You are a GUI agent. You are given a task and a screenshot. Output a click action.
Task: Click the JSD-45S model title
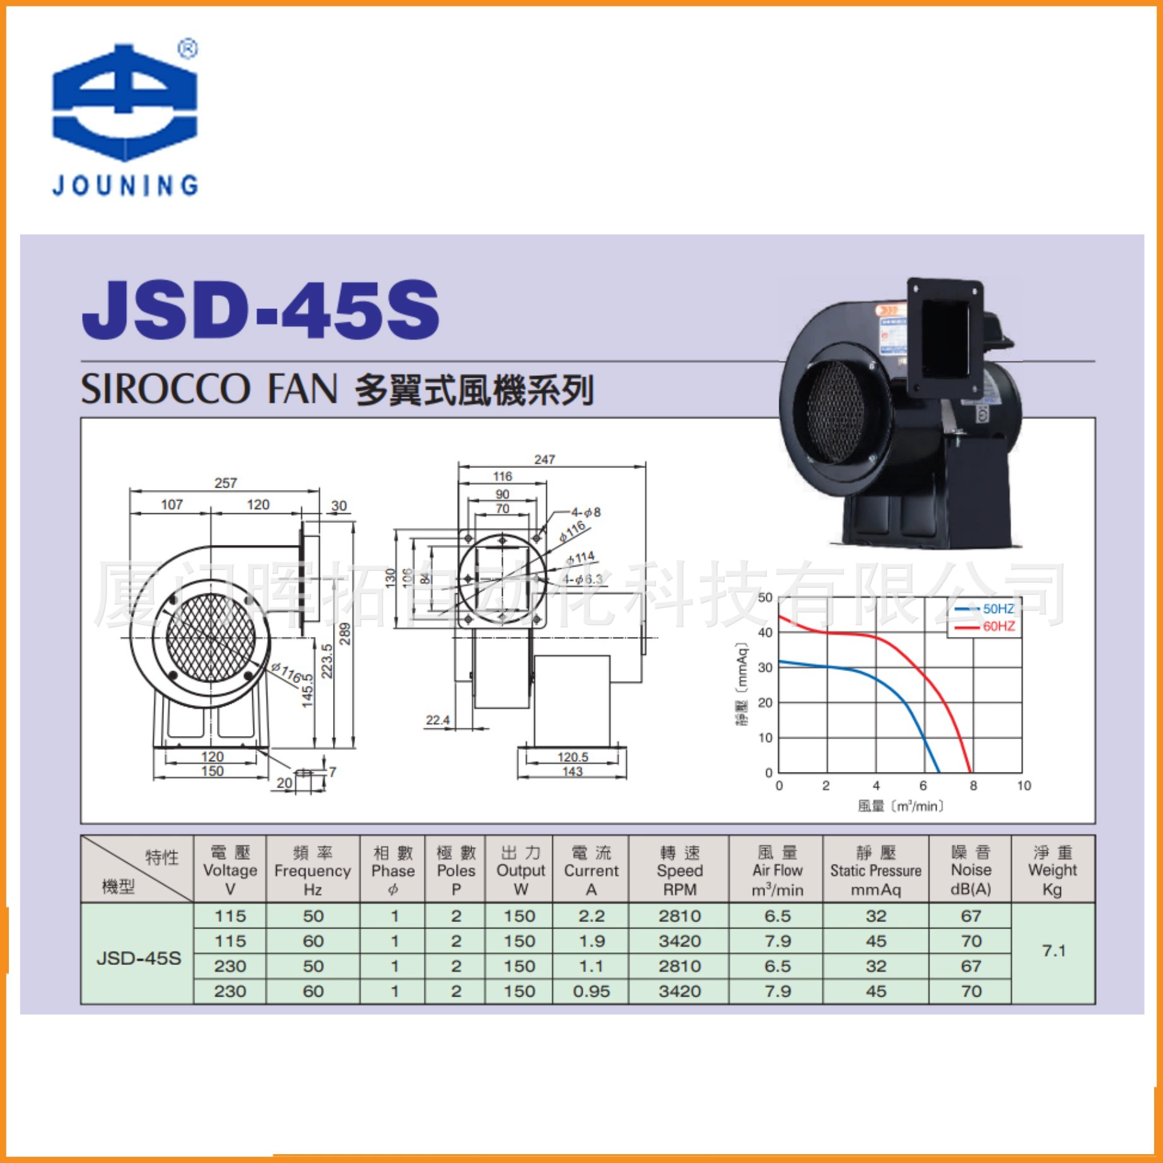(260, 310)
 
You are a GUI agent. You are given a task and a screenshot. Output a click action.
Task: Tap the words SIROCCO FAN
(209, 389)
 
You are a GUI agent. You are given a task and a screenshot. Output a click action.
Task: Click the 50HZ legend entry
(998, 609)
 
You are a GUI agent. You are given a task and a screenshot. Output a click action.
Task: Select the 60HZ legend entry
(998, 626)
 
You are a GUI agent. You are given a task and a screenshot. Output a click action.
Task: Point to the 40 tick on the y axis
(765, 633)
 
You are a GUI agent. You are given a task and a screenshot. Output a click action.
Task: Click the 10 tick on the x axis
(1024, 786)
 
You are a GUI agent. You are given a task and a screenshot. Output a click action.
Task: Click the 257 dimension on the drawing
(225, 483)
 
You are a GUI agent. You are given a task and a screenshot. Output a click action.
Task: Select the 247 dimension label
(544, 460)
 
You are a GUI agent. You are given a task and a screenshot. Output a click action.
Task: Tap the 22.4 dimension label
(438, 720)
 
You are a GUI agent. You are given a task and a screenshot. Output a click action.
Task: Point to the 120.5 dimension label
(573, 757)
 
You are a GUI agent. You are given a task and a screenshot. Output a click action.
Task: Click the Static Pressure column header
(875, 871)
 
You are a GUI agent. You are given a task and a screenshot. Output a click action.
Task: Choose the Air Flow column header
(777, 871)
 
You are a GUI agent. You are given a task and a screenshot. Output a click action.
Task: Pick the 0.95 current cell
(591, 991)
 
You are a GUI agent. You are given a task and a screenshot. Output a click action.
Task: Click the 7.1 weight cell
(1053, 950)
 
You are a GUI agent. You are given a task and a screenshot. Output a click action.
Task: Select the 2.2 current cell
(591, 916)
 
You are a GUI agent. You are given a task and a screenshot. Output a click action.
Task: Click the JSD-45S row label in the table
(138, 958)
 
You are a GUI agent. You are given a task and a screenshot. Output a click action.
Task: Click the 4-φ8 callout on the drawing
(585, 512)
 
